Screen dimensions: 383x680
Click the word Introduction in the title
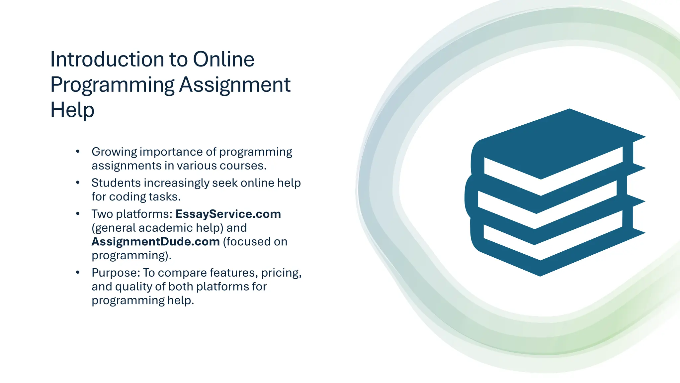(107, 60)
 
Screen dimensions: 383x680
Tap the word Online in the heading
(223, 60)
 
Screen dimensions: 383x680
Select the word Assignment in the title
(235, 85)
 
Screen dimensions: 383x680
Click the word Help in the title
(72, 110)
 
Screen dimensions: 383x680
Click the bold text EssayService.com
(228, 214)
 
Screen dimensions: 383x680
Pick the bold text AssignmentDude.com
(155, 242)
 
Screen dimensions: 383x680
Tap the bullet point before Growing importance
(78, 152)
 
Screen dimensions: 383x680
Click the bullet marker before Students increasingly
(78, 183)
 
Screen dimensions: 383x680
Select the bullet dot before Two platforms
(78, 214)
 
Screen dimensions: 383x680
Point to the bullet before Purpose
(78, 273)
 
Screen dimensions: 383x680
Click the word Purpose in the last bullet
(115, 273)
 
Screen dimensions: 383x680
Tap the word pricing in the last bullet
(281, 273)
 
